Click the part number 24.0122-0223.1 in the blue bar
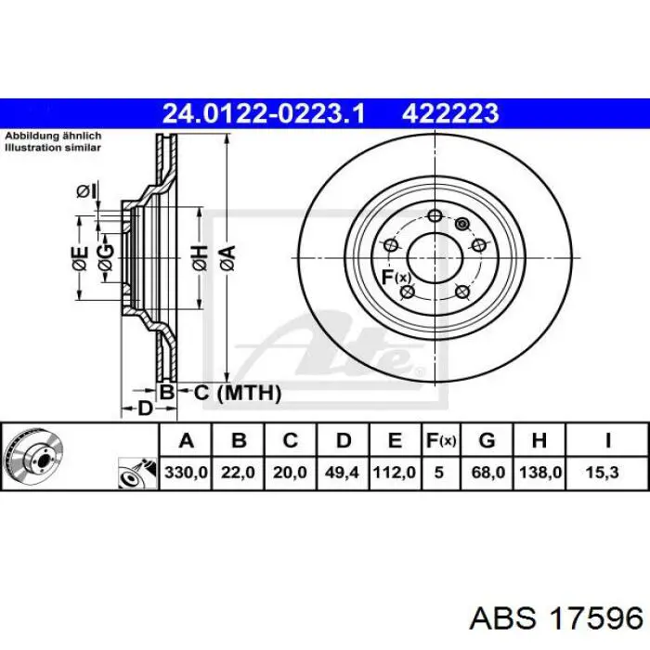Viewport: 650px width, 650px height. (264, 113)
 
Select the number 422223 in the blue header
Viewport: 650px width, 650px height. (450, 113)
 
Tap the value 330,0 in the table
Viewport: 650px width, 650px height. (186, 472)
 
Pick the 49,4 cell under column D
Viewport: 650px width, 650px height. (342, 472)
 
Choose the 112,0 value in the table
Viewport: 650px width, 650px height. (395, 472)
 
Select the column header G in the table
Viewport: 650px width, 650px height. (487, 440)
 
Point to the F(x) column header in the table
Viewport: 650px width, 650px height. (441, 441)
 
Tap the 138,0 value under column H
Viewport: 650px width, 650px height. (539, 472)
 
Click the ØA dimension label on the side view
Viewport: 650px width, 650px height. (227, 258)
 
